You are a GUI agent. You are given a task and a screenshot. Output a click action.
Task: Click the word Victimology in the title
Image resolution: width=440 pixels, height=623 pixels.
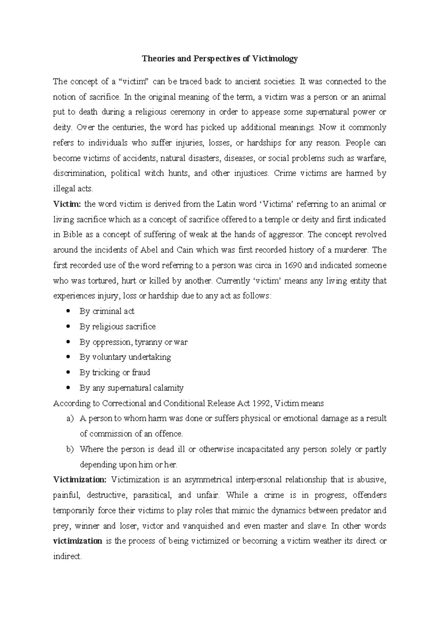tap(274, 59)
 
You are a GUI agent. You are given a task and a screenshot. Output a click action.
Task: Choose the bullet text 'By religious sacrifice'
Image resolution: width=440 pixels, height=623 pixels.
tap(117, 327)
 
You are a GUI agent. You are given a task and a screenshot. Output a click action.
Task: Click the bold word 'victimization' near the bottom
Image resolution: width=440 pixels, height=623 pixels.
tap(78, 541)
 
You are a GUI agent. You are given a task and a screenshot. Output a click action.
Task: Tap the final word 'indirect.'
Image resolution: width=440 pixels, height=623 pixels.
tap(67, 557)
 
